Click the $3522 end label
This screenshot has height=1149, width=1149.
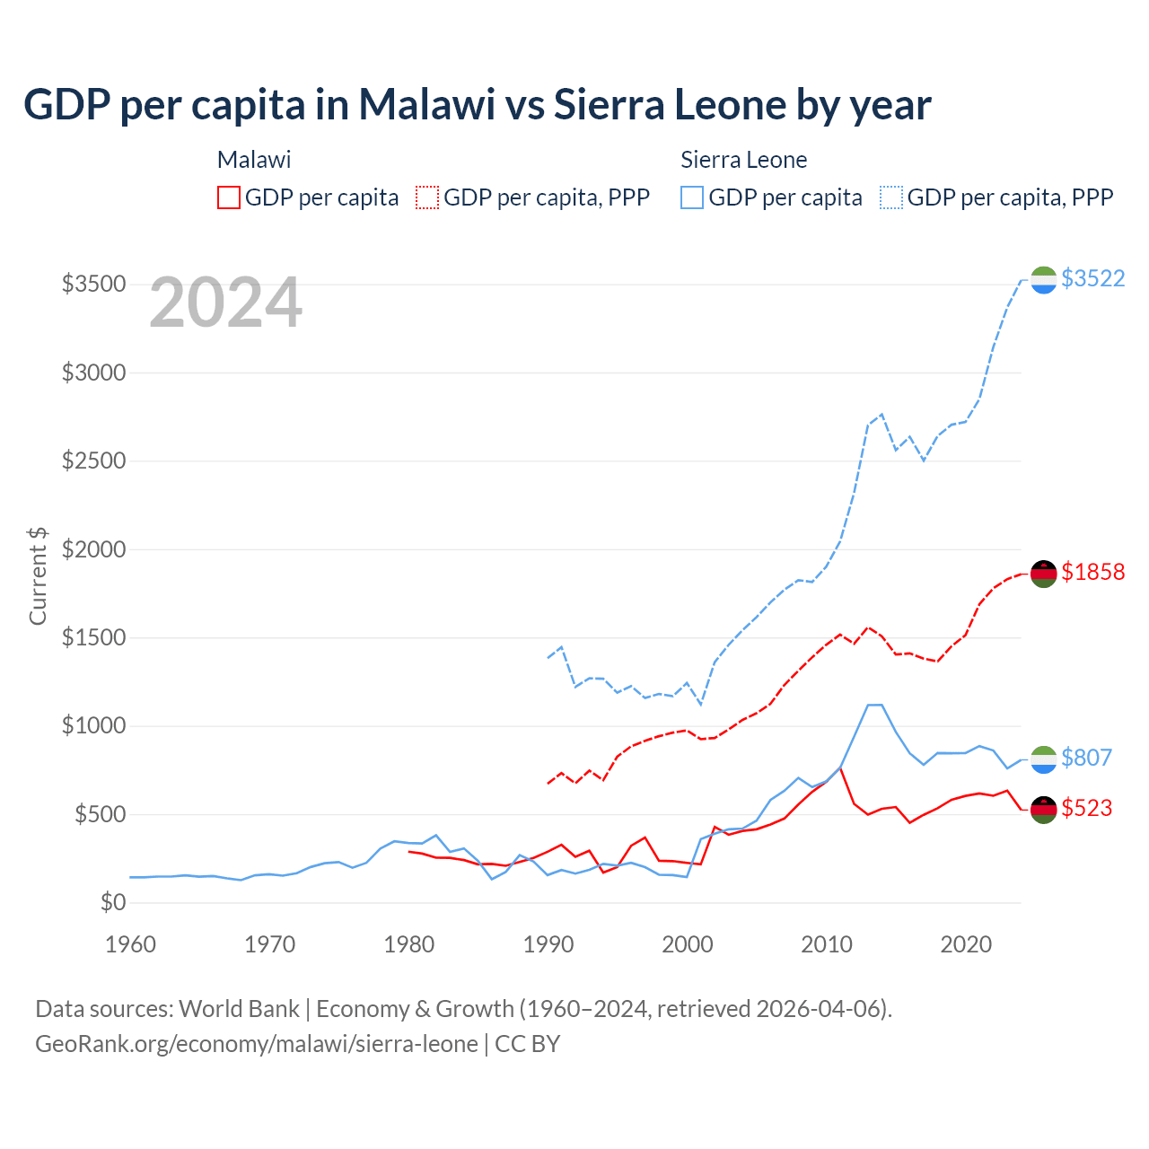pyautogui.click(x=1092, y=278)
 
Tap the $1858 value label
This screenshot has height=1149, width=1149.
pyautogui.click(x=1092, y=572)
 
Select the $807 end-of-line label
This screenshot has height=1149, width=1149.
pyautogui.click(x=1086, y=758)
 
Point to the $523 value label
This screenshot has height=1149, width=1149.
pyautogui.click(x=1086, y=808)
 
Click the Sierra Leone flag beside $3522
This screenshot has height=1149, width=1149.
pyautogui.click(x=1043, y=280)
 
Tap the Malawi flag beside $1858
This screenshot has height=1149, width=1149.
pyautogui.click(x=1043, y=574)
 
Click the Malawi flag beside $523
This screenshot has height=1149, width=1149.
pyautogui.click(x=1043, y=810)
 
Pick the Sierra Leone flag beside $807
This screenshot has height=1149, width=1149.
pyautogui.click(x=1043, y=759)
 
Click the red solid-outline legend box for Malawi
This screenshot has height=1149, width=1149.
pyautogui.click(x=229, y=197)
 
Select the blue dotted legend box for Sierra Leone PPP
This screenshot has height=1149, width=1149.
pyautogui.click(x=891, y=197)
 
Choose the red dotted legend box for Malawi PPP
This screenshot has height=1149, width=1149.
pyautogui.click(x=427, y=197)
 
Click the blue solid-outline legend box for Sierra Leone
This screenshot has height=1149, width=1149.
pyautogui.click(x=692, y=197)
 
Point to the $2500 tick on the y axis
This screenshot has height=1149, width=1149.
pyautogui.click(x=93, y=461)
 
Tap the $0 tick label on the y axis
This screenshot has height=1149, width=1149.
pyautogui.click(x=112, y=903)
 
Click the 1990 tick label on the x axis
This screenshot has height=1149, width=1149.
pyautogui.click(x=548, y=944)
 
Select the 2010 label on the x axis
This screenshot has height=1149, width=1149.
pyautogui.click(x=827, y=944)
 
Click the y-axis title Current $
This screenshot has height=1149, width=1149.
pyautogui.click(x=38, y=576)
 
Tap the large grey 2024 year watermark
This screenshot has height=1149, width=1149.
pyautogui.click(x=225, y=303)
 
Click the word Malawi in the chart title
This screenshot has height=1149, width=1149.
pyautogui.click(x=427, y=104)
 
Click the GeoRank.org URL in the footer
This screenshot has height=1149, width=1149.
pyautogui.click(x=257, y=1044)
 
